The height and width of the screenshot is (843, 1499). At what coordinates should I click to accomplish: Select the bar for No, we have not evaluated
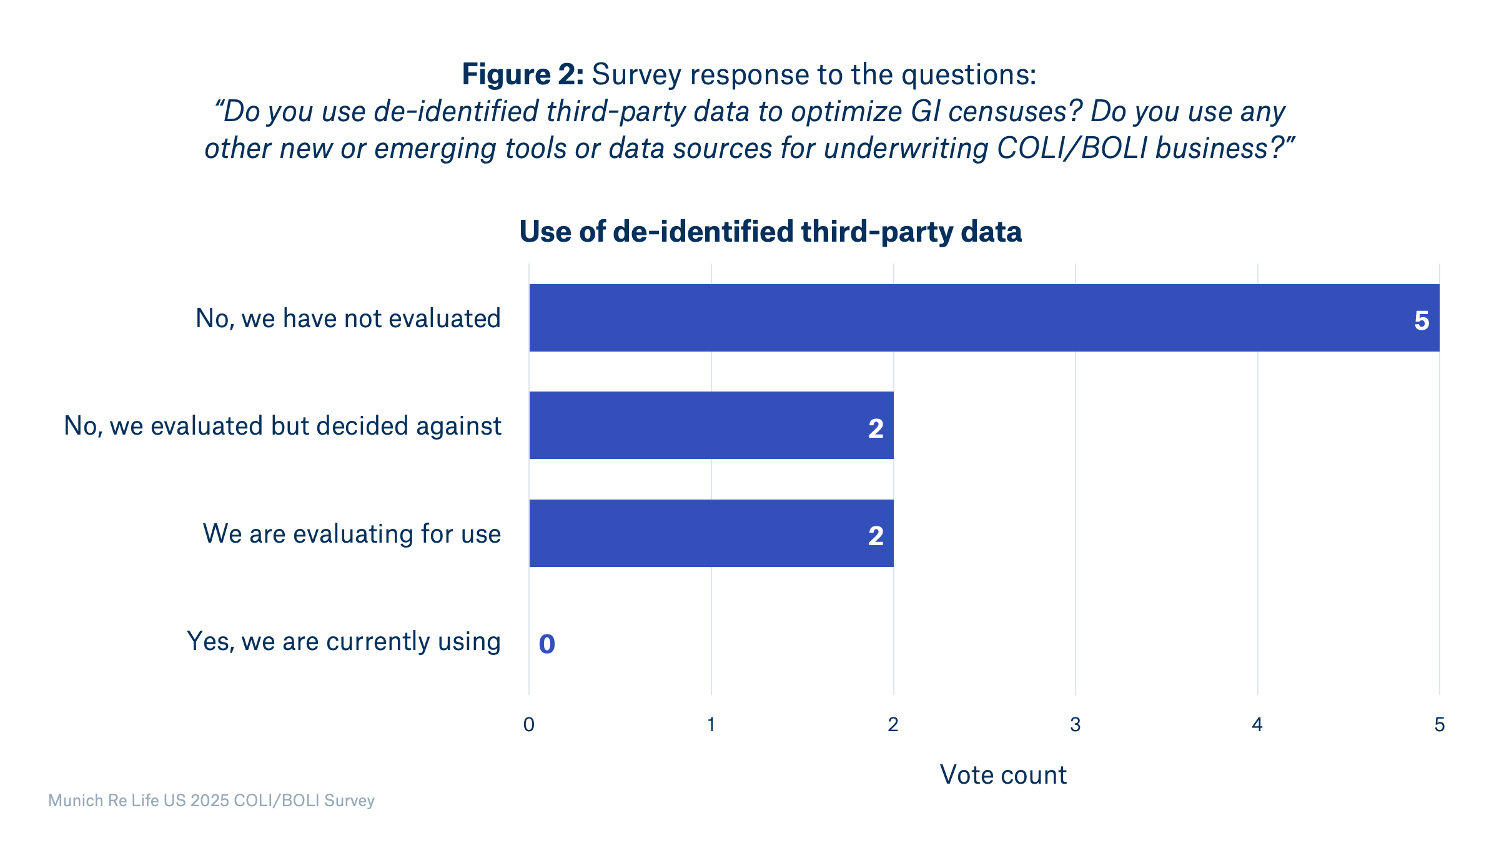(984, 318)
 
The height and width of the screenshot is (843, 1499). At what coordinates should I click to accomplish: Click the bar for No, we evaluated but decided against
(711, 425)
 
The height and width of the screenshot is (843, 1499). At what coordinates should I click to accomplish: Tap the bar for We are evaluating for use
(711, 533)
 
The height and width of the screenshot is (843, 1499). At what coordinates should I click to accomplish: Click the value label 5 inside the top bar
(1422, 321)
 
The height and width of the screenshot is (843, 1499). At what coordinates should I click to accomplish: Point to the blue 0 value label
(547, 644)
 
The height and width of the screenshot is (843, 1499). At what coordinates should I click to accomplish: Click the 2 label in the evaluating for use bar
(876, 536)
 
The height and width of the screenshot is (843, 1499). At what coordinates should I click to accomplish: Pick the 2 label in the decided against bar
(876, 428)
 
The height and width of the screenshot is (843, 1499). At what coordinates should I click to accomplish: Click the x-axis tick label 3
(1075, 724)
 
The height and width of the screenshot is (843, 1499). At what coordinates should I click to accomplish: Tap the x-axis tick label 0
(529, 724)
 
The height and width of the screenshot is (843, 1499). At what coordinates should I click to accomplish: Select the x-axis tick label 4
(1257, 724)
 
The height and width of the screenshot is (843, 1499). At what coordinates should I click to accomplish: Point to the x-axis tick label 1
(711, 724)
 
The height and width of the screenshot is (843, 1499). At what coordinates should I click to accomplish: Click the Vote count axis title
(1003, 775)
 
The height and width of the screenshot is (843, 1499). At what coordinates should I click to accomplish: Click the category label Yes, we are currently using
(344, 641)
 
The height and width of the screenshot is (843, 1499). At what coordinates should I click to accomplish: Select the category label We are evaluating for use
(352, 534)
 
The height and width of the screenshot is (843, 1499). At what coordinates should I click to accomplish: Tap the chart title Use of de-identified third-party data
(770, 232)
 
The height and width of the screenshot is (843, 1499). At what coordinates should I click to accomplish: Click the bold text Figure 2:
(523, 74)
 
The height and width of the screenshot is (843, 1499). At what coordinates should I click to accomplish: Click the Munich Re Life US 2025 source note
(211, 801)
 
